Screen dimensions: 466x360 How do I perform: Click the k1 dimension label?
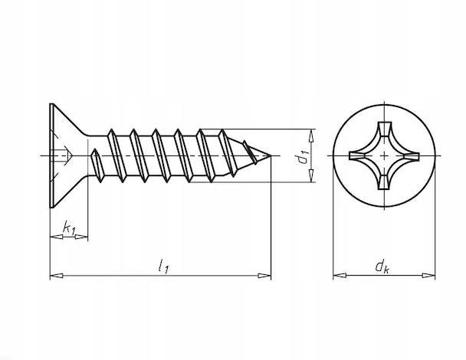[70, 227]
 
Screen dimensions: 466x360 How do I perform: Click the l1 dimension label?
[163, 266]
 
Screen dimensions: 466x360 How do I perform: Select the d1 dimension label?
[304, 158]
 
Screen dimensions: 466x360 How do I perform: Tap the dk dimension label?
[382, 266]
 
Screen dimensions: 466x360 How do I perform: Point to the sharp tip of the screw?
[271, 155]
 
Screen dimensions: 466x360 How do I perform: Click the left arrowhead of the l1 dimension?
[57, 276]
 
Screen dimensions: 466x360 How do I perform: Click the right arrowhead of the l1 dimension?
[264, 276]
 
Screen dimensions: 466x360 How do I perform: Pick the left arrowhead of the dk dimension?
[340, 275]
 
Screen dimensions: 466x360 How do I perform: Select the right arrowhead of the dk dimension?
[428, 275]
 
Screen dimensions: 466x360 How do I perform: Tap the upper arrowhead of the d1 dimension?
[311, 136]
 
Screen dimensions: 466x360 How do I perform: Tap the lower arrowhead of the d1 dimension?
[311, 175]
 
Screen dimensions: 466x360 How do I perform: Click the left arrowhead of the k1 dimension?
[57, 237]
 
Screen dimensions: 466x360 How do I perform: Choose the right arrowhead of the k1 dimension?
[81, 237]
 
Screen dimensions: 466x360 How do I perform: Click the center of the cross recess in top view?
[384, 155]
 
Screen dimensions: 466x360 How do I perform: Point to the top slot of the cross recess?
[384, 129]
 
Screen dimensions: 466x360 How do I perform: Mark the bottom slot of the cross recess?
[384, 182]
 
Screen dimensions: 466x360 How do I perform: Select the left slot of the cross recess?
[357, 155]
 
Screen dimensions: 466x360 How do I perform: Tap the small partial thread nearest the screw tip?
[250, 152]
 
